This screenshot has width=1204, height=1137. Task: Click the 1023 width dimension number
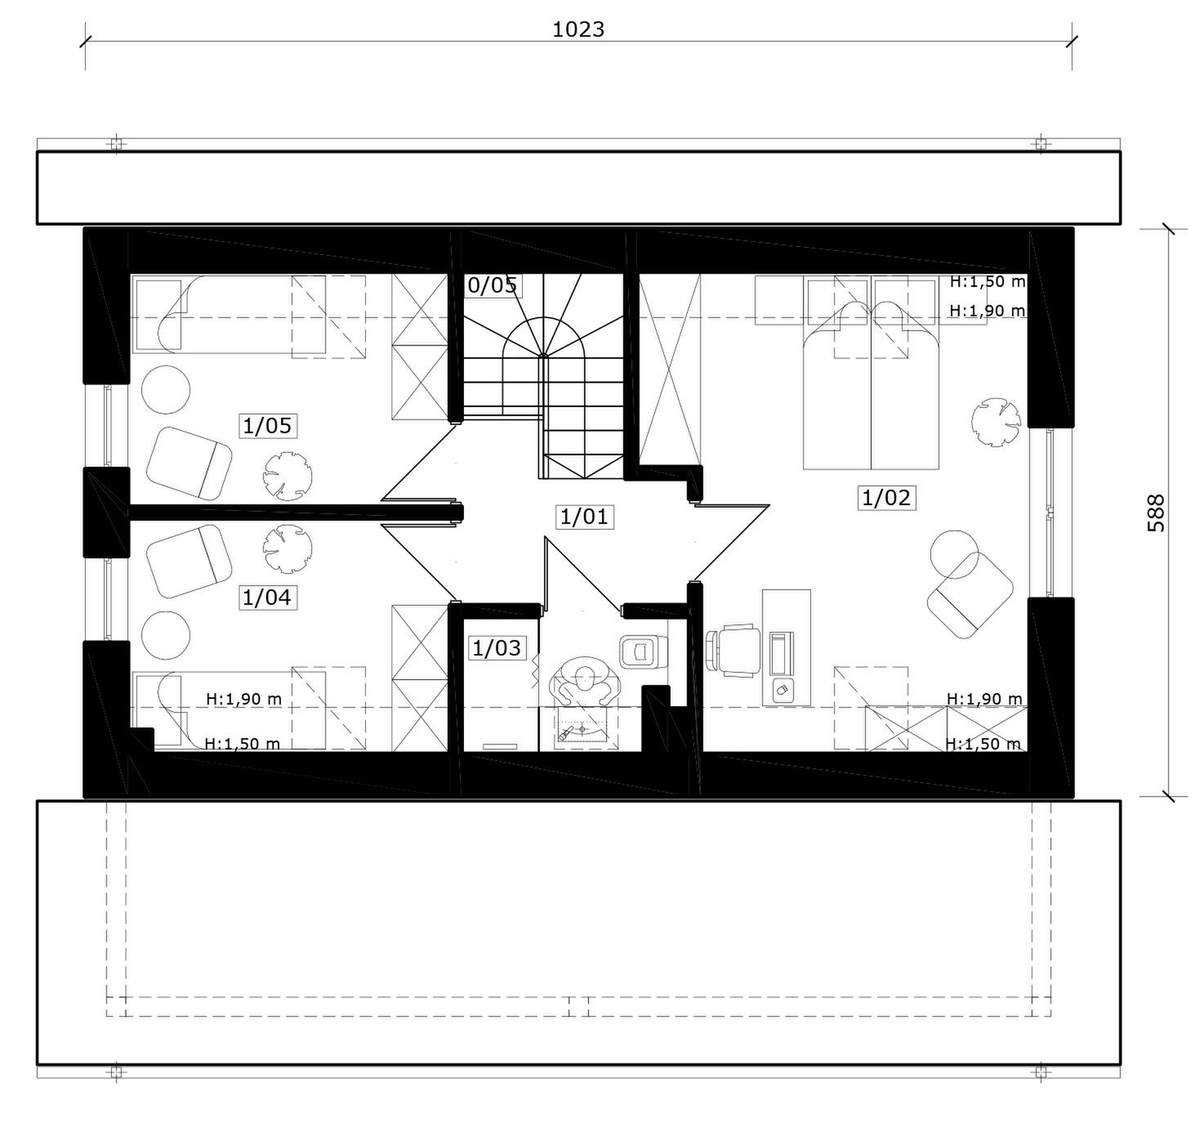[x=577, y=29]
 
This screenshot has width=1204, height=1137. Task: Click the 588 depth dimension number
[x=1156, y=513]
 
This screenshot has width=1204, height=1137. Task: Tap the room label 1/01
[x=584, y=517]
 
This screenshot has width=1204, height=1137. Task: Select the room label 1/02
[x=886, y=498]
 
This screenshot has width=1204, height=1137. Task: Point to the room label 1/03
[x=497, y=648]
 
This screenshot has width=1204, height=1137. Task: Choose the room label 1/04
[x=267, y=598]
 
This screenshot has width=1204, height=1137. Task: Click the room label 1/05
[x=267, y=426]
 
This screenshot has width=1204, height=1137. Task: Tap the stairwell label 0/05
[x=493, y=285]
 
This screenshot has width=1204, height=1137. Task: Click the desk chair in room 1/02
[x=733, y=651]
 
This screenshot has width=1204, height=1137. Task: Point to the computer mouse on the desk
[x=783, y=688]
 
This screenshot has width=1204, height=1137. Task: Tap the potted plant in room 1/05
[x=288, y=477]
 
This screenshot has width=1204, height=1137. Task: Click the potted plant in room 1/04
[x=288, y=548]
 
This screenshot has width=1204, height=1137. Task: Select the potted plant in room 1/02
[x=996, y=423]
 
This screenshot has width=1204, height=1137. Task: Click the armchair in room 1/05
[x=190, y=463]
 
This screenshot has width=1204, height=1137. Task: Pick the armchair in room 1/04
[x=190, y=562]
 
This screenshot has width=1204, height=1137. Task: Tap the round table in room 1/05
[x=166, y=390]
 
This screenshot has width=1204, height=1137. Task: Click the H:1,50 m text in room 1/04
[x=243, y=744]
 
